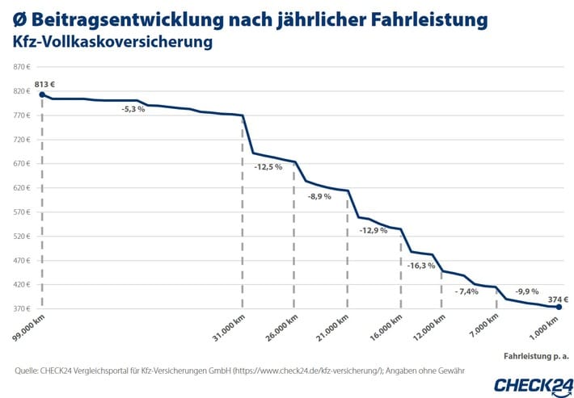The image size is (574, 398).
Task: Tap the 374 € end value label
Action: (x=548, y=297)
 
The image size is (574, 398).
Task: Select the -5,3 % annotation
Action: (x=133, y=109)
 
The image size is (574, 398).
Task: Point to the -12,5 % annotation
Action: (x=268, y=167)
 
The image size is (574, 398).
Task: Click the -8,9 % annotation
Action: (x=319, y=196)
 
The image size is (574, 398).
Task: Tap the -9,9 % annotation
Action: (x=527, y=290)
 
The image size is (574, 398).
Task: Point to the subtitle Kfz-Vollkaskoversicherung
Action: (x=113, y=40)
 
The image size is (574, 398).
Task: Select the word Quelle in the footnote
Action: (x=30, y=371)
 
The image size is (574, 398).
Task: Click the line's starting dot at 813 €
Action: (x=42, y=94)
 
